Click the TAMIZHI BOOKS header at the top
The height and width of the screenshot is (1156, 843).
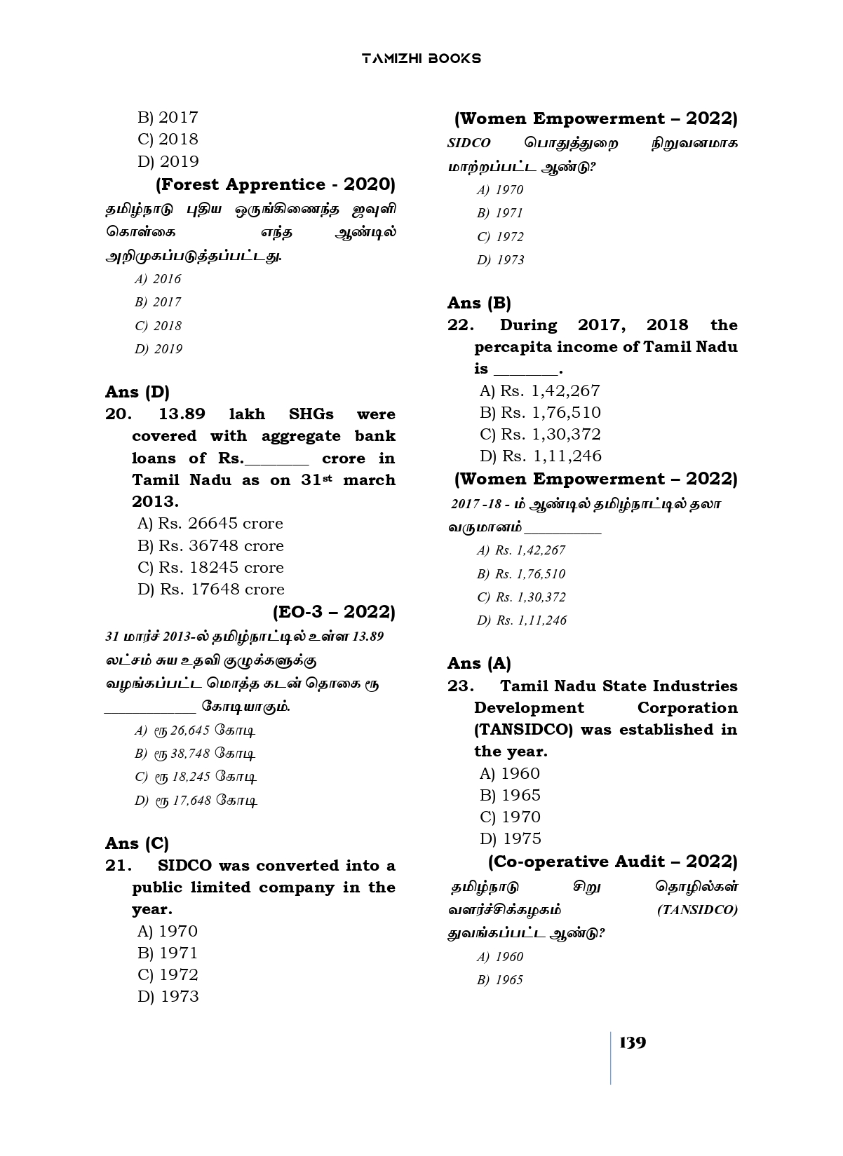click(421, 58)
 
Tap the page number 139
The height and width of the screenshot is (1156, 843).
click(633, 1042)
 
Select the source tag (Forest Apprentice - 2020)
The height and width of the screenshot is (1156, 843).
click(275, 184)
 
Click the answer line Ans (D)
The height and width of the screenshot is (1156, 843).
click(137, 392)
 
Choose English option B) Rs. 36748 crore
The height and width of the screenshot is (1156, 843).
click(210, 545)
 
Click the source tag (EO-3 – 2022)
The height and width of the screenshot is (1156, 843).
click(334, 612)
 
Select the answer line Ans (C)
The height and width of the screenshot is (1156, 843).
click(137, 843)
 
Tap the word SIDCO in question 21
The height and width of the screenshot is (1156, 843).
click(185, 866)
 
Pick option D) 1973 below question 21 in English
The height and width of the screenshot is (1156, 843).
click(168, 996)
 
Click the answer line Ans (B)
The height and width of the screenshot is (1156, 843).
click(479, 303)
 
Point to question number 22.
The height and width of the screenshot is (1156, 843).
click(461, 325)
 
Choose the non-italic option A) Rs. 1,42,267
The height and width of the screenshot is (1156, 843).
click(540, 390)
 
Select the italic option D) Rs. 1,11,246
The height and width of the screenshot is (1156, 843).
click(522, 620)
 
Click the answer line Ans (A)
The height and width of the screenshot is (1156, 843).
click(479, 663)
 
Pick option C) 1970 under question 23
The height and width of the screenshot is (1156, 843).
click(510, 817)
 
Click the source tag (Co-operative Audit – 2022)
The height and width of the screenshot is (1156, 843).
click(612, 861)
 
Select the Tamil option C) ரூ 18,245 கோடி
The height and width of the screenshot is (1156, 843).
click(196, 777)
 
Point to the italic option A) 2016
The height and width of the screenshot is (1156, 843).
click(158, 279)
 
